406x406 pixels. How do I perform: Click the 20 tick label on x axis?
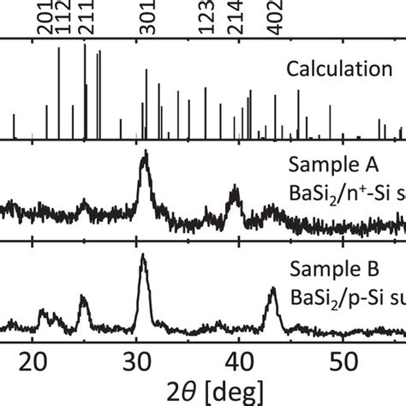tap(33, 358)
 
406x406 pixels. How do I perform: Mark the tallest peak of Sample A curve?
tap(144, 153)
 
